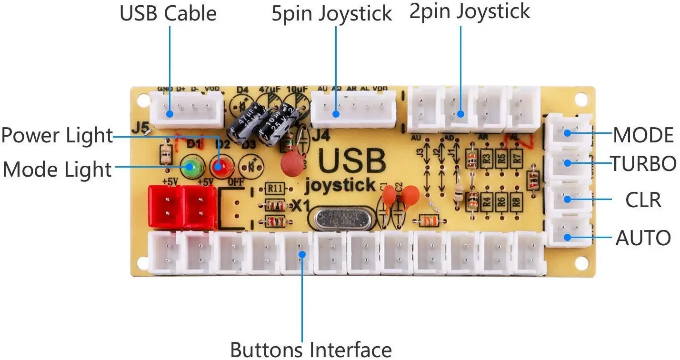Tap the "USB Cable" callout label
pyautogui.click(x=168, y=13)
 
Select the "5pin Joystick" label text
pyautogui.click(x=331, y=14)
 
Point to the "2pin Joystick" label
pyautogui.click(x=470, y=12)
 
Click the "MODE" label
pyautogui.click(x=643, y=135)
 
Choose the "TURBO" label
pyautogui.click(x=643, y=164)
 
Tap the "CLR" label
pyautogui.click(x=643, y=200)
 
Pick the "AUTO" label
pyautogui.click(x=643, y=238)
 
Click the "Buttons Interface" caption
pyautogui.click(x=311, y=349)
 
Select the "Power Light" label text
pyautogui.click(x=57, y=136)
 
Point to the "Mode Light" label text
pyautogui.click(x=57, y=169)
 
